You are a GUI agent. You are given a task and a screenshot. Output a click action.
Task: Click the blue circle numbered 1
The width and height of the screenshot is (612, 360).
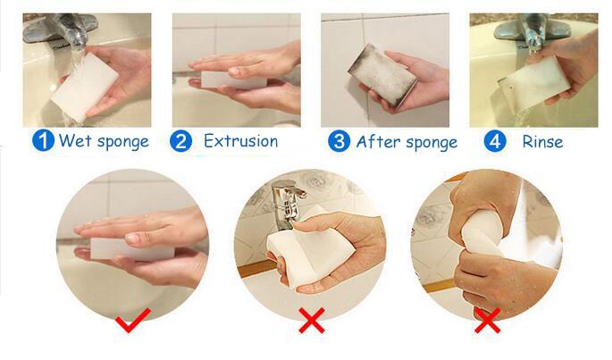(x=44, y=141)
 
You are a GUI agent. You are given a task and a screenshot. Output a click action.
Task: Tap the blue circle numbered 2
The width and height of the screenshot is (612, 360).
(x=180, y=141)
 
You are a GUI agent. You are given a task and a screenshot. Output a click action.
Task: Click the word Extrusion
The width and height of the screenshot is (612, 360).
(x=240, y=141)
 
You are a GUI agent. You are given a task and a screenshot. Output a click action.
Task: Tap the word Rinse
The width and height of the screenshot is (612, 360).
(x=542, y=141)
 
